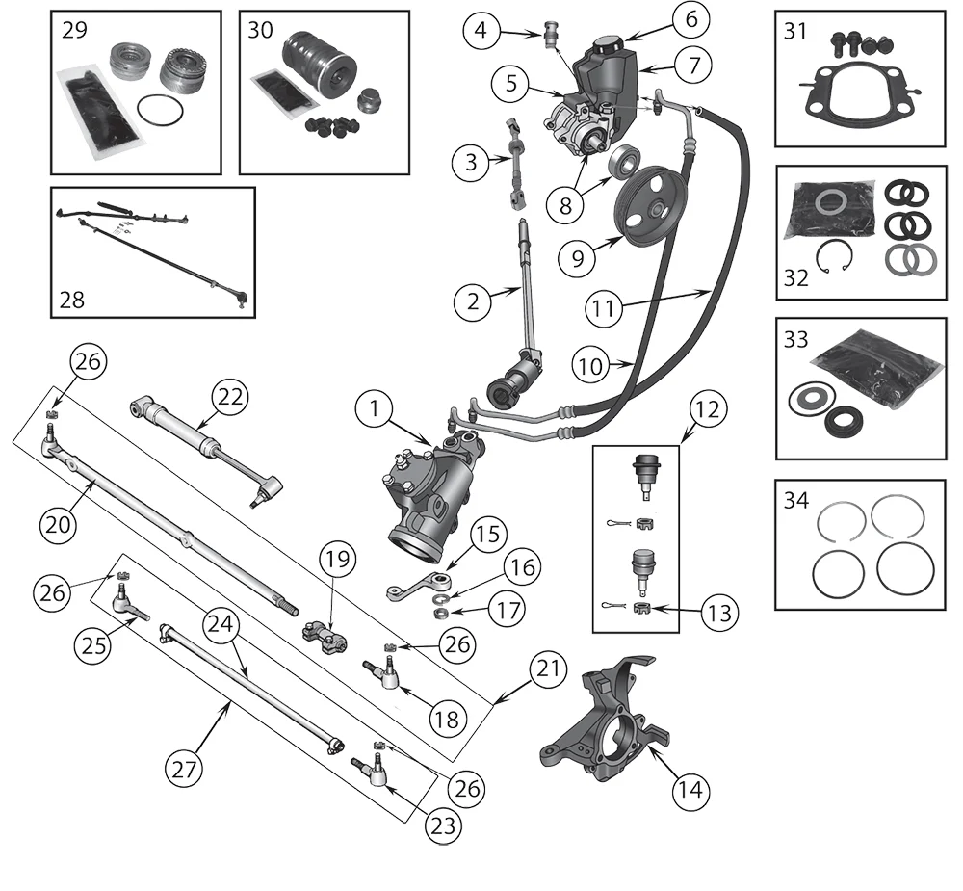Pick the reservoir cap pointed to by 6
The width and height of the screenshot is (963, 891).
point(609,45)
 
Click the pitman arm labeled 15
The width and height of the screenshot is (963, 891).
point(418,586)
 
